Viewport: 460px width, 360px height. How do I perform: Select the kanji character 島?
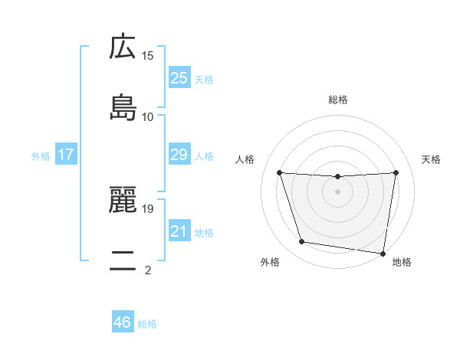pyautogui.click(x=123, y=107)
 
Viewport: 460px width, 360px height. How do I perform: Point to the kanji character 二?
pyautogui.click(x=123, y=262)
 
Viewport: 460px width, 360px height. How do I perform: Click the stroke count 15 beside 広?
pyautogui.click(x=148, y=56)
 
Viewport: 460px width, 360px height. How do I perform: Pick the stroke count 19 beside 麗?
pyautogui.click(x=148, y=208)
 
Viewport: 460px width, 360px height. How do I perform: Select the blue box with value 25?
pyautogui.click(x=179, y=77)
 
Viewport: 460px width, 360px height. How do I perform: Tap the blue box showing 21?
pyautogui.click(x=179, y=231)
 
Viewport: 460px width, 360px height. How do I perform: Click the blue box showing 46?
pyautogui.click(x=123, y=322)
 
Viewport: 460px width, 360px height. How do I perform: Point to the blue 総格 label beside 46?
pyautogui.click(x=147, y=324)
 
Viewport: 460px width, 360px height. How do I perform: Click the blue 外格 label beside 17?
pyautogui.click(x=41, y=155)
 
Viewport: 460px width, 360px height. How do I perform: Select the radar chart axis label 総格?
pyautogui.click(x=338, y=100)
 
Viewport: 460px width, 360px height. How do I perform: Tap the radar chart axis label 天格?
pyautogui.click(x=431, y=159)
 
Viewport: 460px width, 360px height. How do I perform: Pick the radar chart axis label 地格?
pyautogui.click(x=402, y=263)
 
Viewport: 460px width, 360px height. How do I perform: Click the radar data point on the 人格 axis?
pyautogui.click(x=280, y=172)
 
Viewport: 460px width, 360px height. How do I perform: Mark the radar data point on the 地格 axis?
pyautogui.click(x=383, y=253)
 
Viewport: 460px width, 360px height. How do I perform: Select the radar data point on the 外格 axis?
pyautogui.click(x=302, y=242)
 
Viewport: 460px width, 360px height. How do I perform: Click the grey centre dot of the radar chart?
pyautogui.click(x=338, y=191)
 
